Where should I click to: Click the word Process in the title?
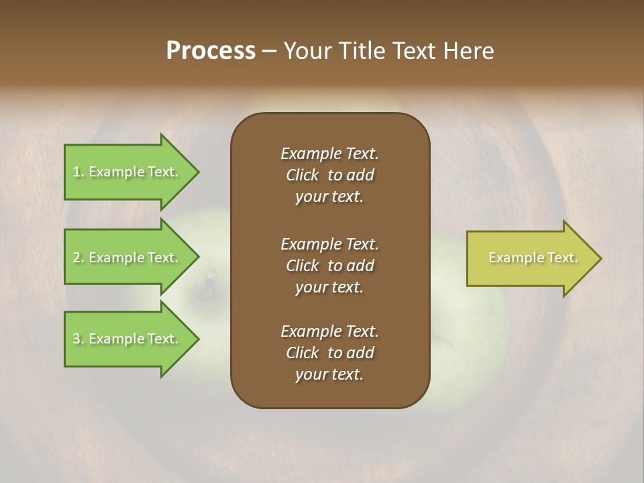click(x=211, y=51)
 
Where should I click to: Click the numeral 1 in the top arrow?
click(x=76, y=172)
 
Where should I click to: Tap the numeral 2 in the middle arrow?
click(x=76, y=258)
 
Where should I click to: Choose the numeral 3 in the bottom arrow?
click(x=76, y=339)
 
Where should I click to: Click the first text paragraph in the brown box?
click(x=329, y=175)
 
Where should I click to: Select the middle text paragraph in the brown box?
click(x=329, y=266)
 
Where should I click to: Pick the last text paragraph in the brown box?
click(x=329, y=353)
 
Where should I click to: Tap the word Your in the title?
click(x=306, y=51)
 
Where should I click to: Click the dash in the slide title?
click(x=269, y=52)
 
